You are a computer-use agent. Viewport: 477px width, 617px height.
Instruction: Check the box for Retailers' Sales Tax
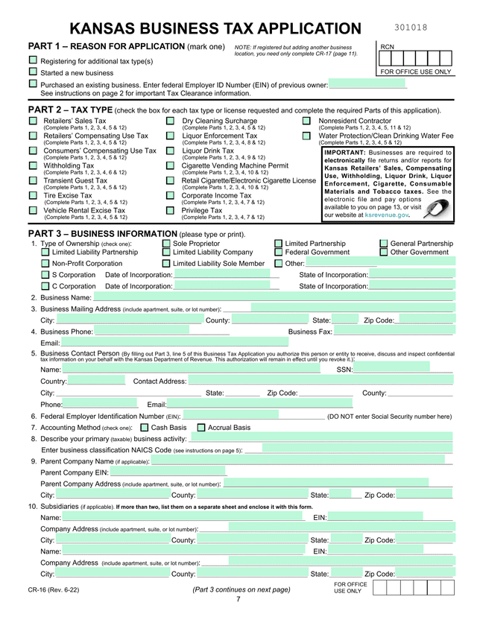pyautogui.click(x=33, y=121)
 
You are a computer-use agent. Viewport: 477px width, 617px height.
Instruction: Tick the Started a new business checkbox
pyautogui.click(x=33, y=72)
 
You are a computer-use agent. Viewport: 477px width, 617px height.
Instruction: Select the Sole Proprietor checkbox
pyautogui.click(x=166, y=244)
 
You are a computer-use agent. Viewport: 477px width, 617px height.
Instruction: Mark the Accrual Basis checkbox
pyautogui.click(x=201, y=428)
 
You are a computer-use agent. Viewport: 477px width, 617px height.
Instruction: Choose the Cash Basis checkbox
pyautogui.click(x=145, y=428)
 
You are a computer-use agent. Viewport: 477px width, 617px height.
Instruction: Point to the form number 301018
pyautogui.click(x=411, y=28)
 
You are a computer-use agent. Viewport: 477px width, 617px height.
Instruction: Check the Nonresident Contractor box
pyautogui.click(x=306, y=121)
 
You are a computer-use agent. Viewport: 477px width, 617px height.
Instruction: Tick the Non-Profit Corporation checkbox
pyautogui.click(x=45, y=263)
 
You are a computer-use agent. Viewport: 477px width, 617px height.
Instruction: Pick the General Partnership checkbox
pyautogui.click(x=384, y=244)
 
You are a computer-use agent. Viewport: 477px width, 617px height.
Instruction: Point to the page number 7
pyautogui.click(x=238, y=600)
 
